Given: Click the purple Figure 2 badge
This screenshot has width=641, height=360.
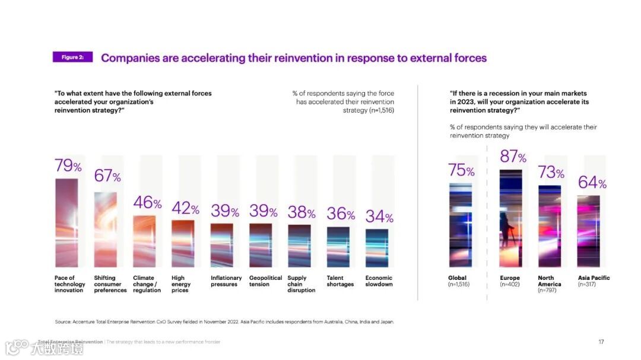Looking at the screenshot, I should [72, 57].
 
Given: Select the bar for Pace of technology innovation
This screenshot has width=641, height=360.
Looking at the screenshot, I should [66, 222].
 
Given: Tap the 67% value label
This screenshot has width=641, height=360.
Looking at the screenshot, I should [107, 176].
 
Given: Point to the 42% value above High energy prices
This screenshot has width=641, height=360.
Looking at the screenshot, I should [185, 209].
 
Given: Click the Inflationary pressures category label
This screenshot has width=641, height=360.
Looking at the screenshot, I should [226, 281].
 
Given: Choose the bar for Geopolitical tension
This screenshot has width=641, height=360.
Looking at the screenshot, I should [261, 245].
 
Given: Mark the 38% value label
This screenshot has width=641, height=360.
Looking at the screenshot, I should [302, 212].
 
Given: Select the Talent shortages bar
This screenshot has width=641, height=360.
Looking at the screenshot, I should [338, 247].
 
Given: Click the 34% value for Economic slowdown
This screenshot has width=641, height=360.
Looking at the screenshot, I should [379, 217].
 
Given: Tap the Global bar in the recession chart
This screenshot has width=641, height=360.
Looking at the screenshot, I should [461, 225].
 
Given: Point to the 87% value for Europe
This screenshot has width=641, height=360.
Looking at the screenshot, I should [513, 157].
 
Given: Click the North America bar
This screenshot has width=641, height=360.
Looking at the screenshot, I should [550, 226].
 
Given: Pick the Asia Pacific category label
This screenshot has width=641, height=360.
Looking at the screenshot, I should [594, 278].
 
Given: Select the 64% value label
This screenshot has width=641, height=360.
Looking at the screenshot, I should [592, 183].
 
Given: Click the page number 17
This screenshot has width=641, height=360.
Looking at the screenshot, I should [601, 342].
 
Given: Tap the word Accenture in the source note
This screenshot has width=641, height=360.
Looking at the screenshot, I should [87, 322].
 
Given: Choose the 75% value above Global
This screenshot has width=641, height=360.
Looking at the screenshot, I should [461, 171].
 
